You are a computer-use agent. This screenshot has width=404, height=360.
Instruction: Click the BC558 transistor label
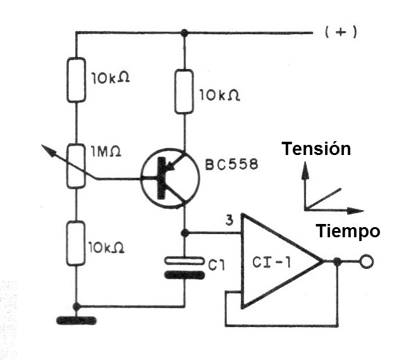[x=231, y=164]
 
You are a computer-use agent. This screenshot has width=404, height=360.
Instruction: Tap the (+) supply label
[x=341, y=32]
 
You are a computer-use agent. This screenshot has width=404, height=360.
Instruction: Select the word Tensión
[x=316, y=149]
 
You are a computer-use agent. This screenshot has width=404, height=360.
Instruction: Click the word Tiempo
[x=348, y=231]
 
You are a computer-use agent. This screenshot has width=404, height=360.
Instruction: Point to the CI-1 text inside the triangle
[x=271, y=263]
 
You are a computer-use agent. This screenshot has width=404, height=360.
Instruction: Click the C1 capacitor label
[x=216, y=265]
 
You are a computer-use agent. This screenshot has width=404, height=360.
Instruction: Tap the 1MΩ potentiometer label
[x=106, y=152]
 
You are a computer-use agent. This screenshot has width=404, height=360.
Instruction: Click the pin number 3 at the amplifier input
[x=230, y=220]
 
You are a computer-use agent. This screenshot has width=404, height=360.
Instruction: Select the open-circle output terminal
[x=367, y=261]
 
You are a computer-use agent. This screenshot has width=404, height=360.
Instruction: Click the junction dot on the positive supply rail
[x=184, y=33]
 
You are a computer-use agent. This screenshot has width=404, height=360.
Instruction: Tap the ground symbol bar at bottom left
[x=77, y=321]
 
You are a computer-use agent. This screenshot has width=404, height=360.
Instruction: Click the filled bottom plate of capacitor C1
[x=185, y=275]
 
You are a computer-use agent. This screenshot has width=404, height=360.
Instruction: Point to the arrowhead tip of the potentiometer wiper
[x=42, y=146]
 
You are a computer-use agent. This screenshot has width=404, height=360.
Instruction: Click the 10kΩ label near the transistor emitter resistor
[x=220, y=96]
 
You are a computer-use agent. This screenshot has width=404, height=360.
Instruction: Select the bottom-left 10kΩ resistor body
[x=76, y=244]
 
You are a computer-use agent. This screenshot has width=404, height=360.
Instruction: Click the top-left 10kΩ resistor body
[x=77, y=80]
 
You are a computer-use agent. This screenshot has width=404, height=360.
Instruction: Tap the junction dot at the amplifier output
[x=337, y=261]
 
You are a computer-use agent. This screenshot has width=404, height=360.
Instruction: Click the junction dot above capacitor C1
[x=185, y=233]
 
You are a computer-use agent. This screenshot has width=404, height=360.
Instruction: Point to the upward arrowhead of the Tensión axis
[x=305, y=170]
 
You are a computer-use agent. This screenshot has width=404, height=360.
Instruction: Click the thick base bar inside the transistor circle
[x=161, y=178]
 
